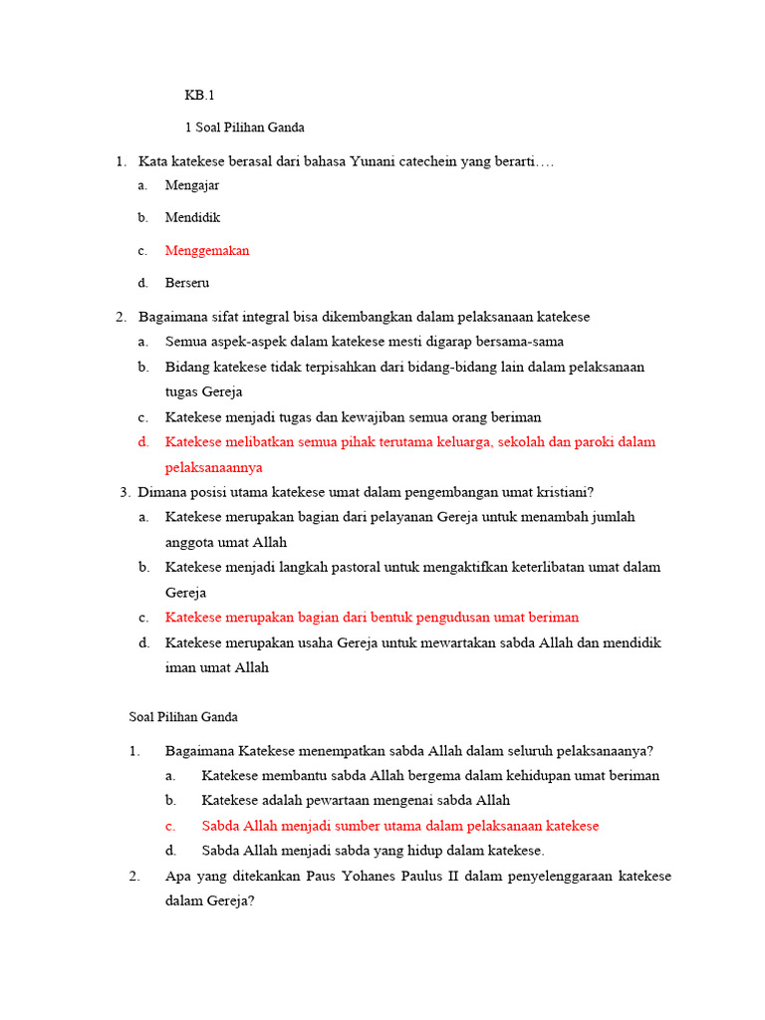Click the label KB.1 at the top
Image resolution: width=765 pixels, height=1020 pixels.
[199, 96]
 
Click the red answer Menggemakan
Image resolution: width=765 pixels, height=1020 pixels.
[207, 250]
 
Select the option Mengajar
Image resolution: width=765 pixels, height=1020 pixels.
[192, 184]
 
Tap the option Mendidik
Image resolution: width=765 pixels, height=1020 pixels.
[192, 217]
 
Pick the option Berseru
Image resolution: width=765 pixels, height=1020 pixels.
[187, 283]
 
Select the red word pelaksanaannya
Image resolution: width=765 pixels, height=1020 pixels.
[214, 466]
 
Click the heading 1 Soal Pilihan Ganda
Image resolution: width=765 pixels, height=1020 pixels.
[245, 127]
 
